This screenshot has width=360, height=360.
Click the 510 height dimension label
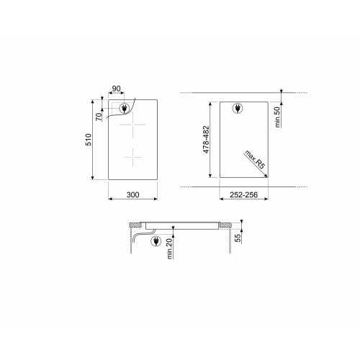tap(89, 140)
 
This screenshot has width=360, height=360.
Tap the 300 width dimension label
tap(132, 194)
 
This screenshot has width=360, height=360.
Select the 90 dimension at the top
tap(117, 89)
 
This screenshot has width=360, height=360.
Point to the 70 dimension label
tap(99, 117)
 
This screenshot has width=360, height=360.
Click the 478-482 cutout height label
tap(206, 140)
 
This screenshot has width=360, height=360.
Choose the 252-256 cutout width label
tap(243, 194)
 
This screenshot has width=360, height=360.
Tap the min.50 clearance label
tap(277, 117)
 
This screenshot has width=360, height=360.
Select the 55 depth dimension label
tap(238, 238)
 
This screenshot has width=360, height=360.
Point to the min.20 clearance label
tap(170, 248)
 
